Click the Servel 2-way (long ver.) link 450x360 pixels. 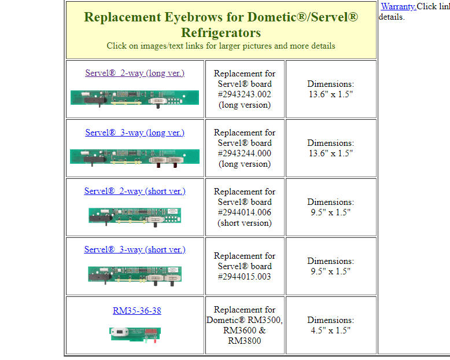coord(135,73)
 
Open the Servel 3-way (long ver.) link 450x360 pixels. coord(135,133)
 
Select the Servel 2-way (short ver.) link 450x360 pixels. coord(135,191)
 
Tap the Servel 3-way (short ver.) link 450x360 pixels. coord(135,249)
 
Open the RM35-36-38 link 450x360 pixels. coord(137,311)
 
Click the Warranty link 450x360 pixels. coord(398,6)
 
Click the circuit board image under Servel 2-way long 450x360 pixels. coord(135,97)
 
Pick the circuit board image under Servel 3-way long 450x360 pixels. coord(135,156)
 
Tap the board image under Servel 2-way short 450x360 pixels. coord(135,215)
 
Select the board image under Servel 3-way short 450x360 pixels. coord(135,274)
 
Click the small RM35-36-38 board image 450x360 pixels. coord(135,333)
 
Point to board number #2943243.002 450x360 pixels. coord(245,94)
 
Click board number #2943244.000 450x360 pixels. coord(245,153)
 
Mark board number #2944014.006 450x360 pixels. coord(245,212)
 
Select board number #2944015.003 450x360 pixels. coord(245,277)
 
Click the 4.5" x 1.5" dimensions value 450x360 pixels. coord(330,330)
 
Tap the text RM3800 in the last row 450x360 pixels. coord(245,341)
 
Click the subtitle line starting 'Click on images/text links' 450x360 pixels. coord(221,46)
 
